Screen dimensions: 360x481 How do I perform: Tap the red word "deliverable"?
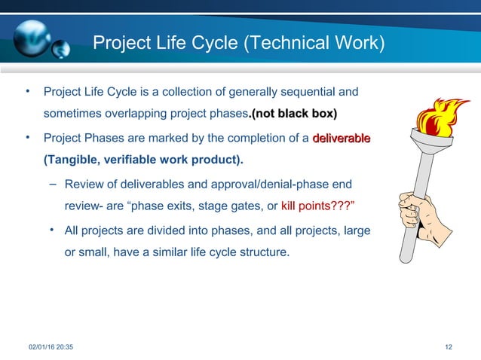point(342,139)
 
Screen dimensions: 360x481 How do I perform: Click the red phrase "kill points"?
point(307,206)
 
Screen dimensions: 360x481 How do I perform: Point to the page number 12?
point(449,346)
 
